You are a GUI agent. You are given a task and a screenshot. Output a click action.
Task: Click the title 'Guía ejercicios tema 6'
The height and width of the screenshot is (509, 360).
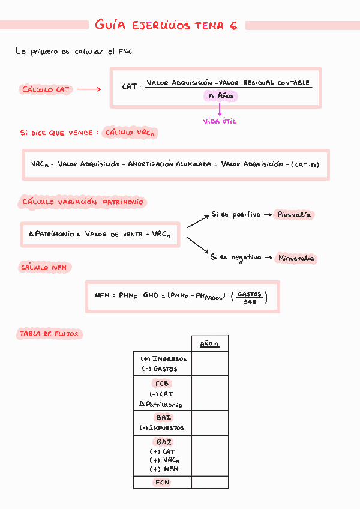166,25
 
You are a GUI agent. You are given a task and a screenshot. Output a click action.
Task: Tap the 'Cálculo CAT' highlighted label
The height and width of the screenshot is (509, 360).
46,90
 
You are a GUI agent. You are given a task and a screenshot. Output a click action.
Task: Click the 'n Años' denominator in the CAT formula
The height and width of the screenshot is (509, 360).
221,96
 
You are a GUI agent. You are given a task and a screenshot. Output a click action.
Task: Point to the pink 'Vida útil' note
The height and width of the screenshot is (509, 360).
220,121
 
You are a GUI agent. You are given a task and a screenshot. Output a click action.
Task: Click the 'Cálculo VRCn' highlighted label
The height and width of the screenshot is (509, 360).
130,133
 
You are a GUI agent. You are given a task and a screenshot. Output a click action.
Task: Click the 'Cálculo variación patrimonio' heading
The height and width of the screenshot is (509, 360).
83,202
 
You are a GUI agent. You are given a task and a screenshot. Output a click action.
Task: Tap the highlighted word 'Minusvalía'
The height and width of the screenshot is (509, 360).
296,259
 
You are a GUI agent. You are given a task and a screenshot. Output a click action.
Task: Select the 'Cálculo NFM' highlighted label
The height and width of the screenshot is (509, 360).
43,268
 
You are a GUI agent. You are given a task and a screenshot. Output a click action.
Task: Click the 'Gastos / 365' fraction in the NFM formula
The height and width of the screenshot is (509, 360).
250,297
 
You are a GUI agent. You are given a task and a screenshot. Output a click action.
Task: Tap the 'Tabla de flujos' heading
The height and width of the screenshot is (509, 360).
49,334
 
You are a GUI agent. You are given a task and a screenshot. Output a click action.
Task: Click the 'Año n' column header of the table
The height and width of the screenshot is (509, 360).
209,344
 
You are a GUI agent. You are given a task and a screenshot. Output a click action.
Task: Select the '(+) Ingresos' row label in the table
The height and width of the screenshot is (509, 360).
163,359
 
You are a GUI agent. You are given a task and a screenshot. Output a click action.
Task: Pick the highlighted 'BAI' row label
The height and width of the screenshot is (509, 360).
163,417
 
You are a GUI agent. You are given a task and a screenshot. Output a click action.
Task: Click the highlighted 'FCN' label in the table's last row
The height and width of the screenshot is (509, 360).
163,482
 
